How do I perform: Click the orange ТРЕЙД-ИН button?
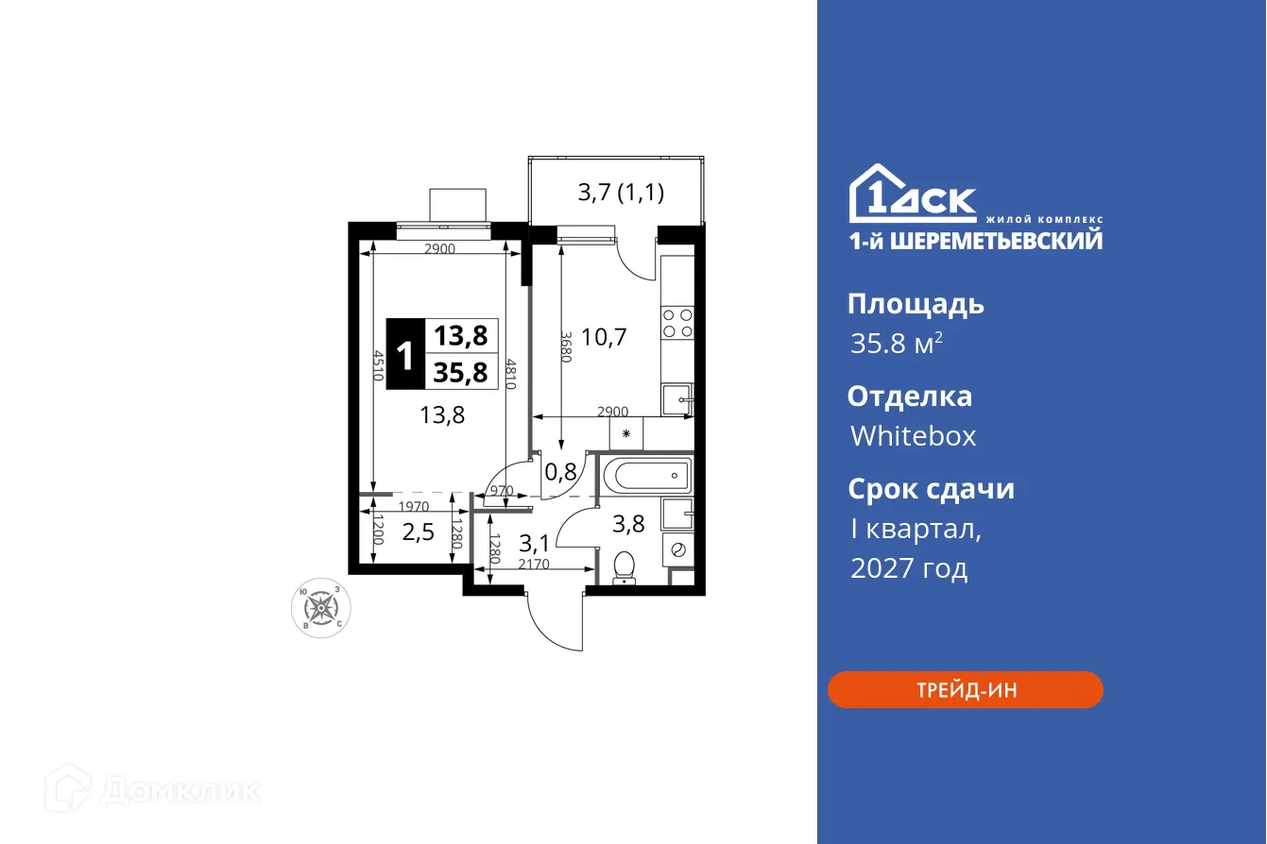click(965, 690)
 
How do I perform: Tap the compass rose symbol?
click(321, 607)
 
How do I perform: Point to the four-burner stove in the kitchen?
click(676, 323)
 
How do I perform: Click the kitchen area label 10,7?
click(605, 336)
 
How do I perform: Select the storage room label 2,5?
click(419, 532)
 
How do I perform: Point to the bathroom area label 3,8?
click(627, 523)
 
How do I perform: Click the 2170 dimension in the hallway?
click(534, 565)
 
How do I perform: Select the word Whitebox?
click(913, 435)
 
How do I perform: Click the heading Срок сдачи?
click(931, 489)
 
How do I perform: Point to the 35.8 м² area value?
click(896, 344)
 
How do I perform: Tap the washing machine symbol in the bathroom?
click(678, 549)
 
